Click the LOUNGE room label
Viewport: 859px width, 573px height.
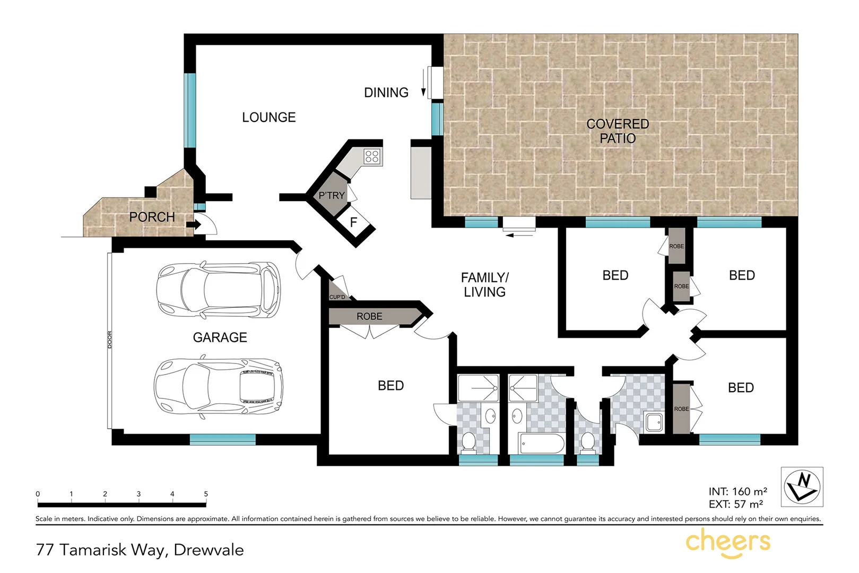pyautogui.click(x=268, y=117)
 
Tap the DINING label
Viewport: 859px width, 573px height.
pyautogui.click(x=386, y=93)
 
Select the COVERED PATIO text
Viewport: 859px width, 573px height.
pyautogui.click(x=618, y=131)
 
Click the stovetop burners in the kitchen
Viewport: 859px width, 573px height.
pyautogui.click(x=372, y=157)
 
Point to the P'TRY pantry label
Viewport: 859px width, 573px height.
pyautogui.click(x=332, y=196)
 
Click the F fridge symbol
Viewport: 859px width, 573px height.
pyautogui.click(x=353, y=222)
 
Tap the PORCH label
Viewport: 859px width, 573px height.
pyautogui.click(x=152, y=217)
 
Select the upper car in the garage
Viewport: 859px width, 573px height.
pyautogui.click(x=218, y=290)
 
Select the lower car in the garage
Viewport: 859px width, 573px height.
pyautogui.click(x=218, y=387)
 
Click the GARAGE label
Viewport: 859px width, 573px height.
pyautogui.click(x=220, y=337)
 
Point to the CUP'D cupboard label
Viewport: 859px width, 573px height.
pyautogui.click(x=337, y=297)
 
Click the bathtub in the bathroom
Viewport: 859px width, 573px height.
pyautogui.click(x=541, y=444)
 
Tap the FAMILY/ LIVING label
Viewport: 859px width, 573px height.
pyautogui.click(x=484, y=285)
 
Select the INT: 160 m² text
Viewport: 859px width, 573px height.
pyautogui.click(x=737, y=492)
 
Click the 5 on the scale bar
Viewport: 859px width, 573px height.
pyautogui.click(x=206, y=494)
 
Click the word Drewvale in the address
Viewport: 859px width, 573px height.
pyautogui.click(x=209, y=550)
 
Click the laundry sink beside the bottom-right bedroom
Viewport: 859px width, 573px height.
pyautogui.click(x=654, y=422)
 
